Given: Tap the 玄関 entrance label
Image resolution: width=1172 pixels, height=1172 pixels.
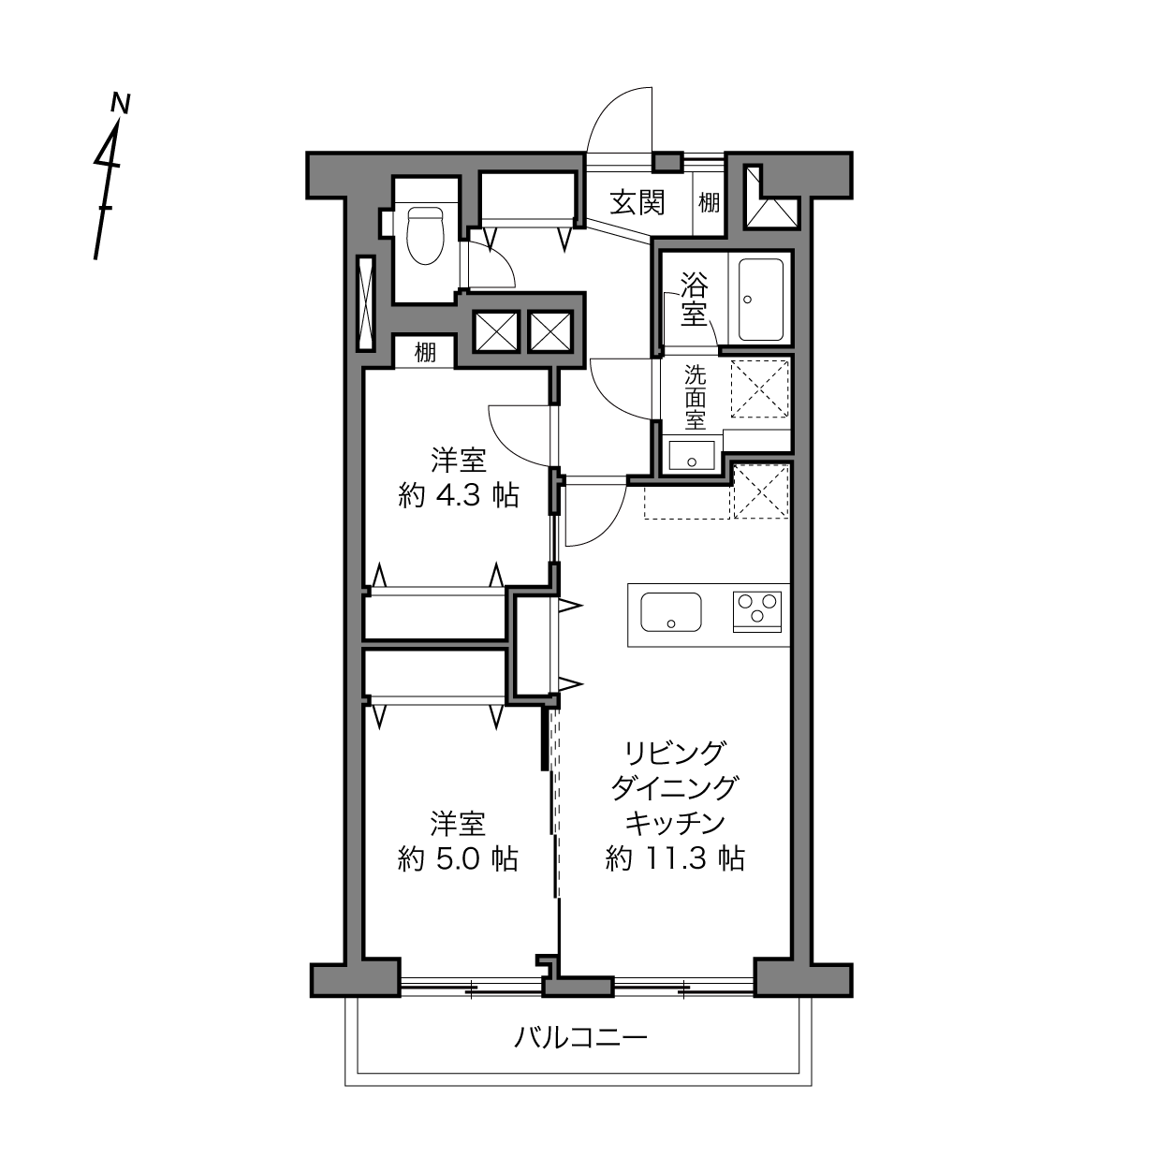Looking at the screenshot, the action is [637, 202].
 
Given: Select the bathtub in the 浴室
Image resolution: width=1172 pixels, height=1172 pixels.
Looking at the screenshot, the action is [760, 300].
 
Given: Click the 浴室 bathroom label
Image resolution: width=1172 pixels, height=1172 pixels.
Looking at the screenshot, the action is [694, 300].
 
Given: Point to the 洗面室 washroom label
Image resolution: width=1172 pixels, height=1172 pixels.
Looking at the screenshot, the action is [696, 397].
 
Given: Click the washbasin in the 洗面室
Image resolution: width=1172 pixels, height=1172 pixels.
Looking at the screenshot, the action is [692, 456].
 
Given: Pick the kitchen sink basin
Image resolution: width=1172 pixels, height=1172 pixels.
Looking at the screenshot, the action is [671, 612].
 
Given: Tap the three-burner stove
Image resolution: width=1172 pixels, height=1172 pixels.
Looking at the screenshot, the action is [757, 612].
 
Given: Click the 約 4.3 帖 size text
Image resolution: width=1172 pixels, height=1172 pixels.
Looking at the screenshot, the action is [459, 496].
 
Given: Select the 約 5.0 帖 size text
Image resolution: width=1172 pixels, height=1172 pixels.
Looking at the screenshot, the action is [458, 859].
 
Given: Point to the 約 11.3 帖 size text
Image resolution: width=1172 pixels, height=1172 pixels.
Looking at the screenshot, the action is [675, 858].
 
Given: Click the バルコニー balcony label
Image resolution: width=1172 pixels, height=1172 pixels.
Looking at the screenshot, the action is [580, 1036].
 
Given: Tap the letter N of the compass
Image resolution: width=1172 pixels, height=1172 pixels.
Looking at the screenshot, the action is [121, 103].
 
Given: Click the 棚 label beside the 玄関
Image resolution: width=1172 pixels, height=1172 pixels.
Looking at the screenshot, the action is [709, 203].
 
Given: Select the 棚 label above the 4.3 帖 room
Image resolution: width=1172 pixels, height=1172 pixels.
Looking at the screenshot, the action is [425, 352].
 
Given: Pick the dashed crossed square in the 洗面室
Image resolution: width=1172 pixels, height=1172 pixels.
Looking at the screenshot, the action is [759, 388].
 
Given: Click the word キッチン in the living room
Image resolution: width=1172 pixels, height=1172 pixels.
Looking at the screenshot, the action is [675, 823].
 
